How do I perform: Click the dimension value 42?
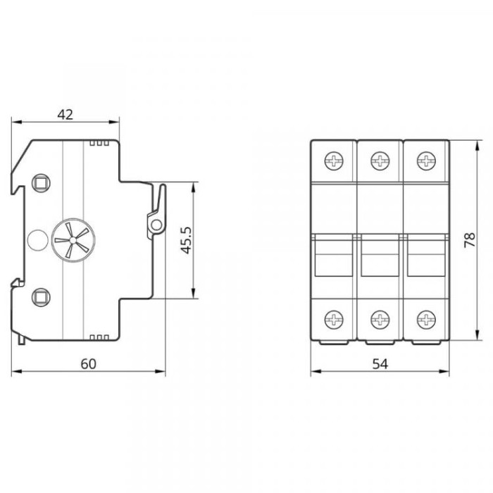click(x=65, y=114)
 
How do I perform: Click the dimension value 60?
click(x=88, y=364)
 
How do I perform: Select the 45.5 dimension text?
click(x=187, y=240)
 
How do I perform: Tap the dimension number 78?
click(x=470, y=240)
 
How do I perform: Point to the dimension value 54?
click(x=380, y=364)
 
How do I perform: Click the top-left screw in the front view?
click(x=334, y=161)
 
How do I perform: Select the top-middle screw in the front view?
click(x=380, y=161)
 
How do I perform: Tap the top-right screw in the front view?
click(x=426, y=161)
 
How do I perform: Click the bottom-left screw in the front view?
click(x=334, y=320)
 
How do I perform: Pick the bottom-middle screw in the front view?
click(x=380, y=320)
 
